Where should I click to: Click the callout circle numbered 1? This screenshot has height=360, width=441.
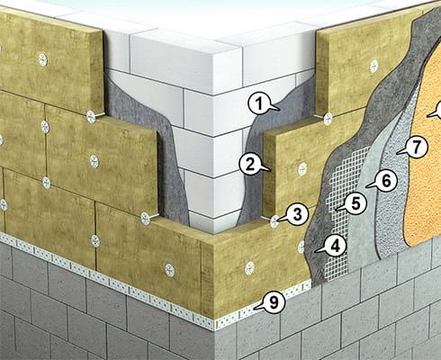[x=259, y=104]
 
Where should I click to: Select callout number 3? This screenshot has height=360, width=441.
[x=292, y=213]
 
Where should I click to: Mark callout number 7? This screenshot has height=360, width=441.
[x=414, y=146]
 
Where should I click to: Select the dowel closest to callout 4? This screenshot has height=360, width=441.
[x=301, y=247]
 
